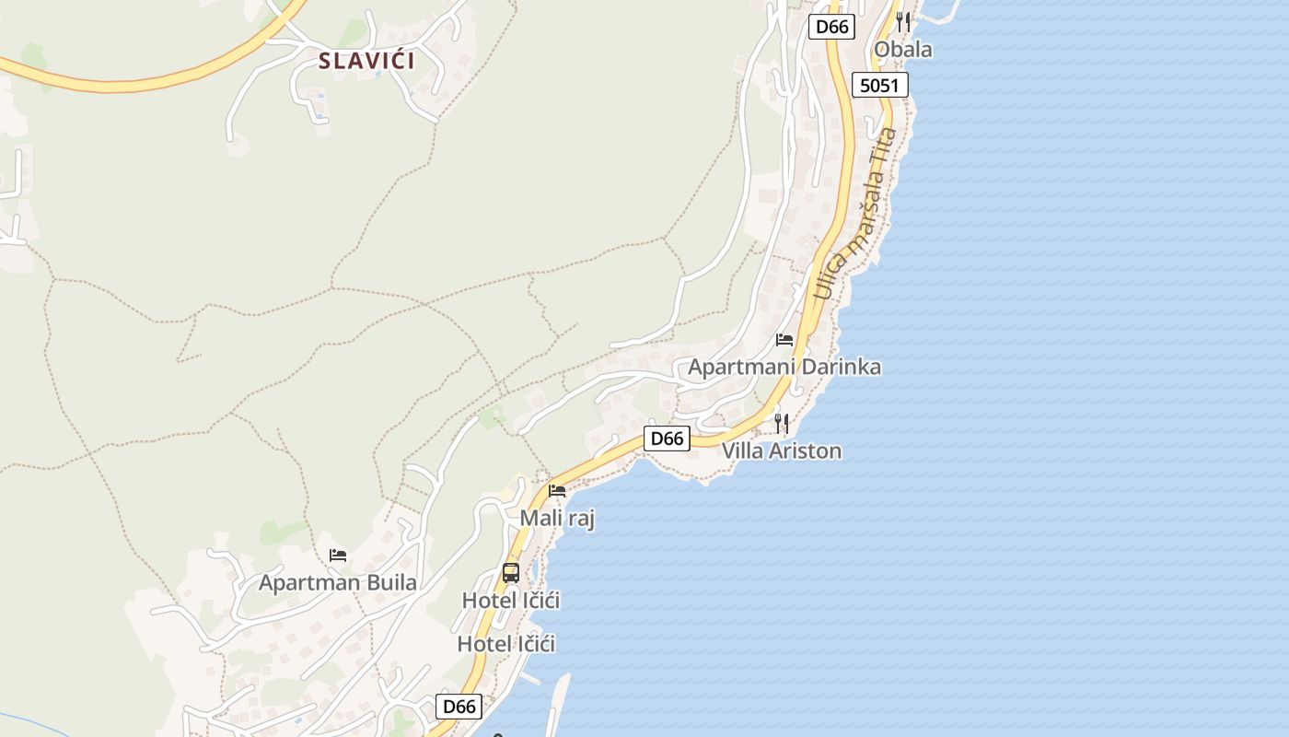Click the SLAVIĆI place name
click(366, 62)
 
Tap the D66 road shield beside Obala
click(831, 27)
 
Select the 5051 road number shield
click(880, 86)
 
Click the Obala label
click(902, 50)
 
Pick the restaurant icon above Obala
click(903, 21)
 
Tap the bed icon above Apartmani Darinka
click(784, 340)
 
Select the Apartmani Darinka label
click(784, 367)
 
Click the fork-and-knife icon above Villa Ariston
click(782, 423)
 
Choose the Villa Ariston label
click(782, 450)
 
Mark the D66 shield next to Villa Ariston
click(666, 439)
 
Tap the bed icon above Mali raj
click(557, 491)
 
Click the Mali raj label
click(557, 518)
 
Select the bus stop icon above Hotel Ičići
click(511, 573)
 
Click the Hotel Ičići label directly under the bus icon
click(511, 600)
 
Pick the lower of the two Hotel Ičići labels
click(506, 644)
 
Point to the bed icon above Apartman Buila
click(338, 556)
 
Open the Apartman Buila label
click(338, 582)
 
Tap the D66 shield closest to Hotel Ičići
click(459, 707)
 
